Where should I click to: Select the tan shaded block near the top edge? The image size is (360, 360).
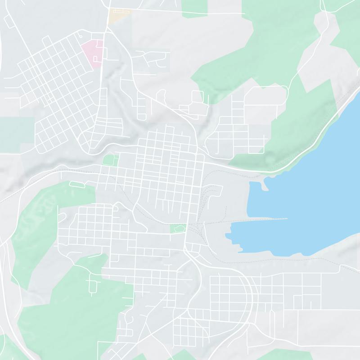pos(115,17)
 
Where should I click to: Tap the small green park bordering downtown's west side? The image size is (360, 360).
pos(109,160)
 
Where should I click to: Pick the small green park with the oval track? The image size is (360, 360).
pos(178,229)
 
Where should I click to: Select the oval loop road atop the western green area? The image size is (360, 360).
pos(77,184)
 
